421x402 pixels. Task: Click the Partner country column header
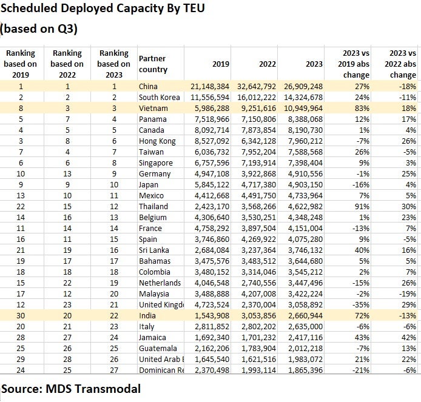(x=153, y=64)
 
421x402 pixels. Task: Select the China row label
(x=148, y=87)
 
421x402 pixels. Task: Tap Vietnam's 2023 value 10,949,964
(x=303, y=108)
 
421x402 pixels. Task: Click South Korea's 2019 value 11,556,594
(x=210, y=97)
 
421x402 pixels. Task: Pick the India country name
(x=147, y=315)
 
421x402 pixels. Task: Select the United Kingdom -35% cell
(x=361, y=304)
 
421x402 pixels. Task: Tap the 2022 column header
(x=268, y=64)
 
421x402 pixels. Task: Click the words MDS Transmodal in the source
(x=93, y=389)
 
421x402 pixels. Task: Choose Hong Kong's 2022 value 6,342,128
(x=258, y=141)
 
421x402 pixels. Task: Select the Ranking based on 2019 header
(x=21, y=64)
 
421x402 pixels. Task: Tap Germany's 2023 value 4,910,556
(x=305, y=173)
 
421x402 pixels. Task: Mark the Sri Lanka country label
(x=154, y=250)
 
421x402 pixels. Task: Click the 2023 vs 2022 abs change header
(x=400, y=64)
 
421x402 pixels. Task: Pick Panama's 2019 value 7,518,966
(x=212, y=119)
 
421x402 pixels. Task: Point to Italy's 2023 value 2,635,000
(x=305, y=327)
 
